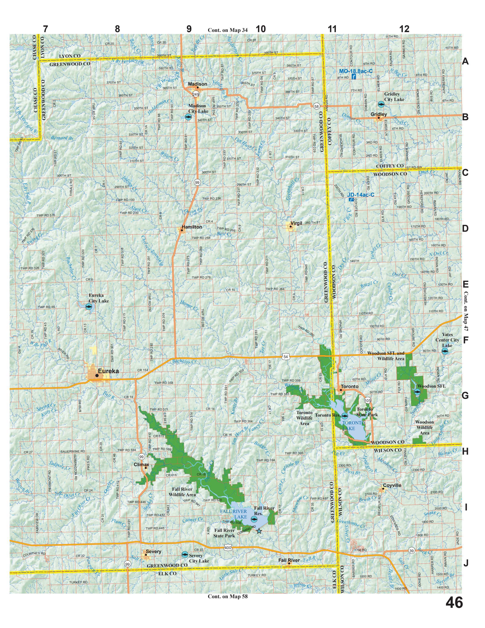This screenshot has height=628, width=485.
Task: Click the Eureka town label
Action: [x=108, y=371]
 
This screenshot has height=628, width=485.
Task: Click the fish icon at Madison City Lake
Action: [x=188, y=117]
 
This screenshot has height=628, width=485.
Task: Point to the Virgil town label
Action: [x=296, y=223]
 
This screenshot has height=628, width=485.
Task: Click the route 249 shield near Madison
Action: [x=196, y=94]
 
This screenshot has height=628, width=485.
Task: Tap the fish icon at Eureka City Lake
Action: [x=89, y=307]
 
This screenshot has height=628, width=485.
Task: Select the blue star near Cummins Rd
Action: [x=259, y=531]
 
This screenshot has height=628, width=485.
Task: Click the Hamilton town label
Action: [x=192, y=227]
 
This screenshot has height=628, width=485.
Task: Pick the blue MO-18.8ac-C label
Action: [x=356, y=71]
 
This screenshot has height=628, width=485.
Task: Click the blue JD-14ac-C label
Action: [x=361, y=195]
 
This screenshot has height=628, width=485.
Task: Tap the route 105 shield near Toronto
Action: [x=368, y=400]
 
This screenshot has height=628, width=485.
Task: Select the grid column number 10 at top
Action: [x=261, y=29]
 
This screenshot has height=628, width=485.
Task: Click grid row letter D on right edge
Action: [x=465, y=229]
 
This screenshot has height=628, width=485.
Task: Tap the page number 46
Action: [x=454, y=602]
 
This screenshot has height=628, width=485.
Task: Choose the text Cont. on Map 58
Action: [x=228, y=596]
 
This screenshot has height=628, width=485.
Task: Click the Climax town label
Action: [x=141, y=464]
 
